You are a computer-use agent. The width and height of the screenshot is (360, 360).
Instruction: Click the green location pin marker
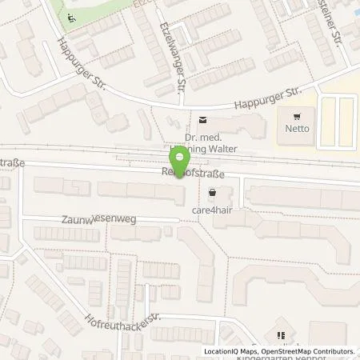pos(182,159)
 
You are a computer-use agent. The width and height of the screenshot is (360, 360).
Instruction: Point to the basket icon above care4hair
pos(212,191)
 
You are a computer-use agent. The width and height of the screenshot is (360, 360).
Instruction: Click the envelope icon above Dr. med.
pos(201,121)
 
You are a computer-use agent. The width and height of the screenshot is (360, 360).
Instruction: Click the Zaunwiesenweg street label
pos(91,218)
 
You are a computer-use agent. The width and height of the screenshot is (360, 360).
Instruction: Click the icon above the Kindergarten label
pos(281,335)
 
